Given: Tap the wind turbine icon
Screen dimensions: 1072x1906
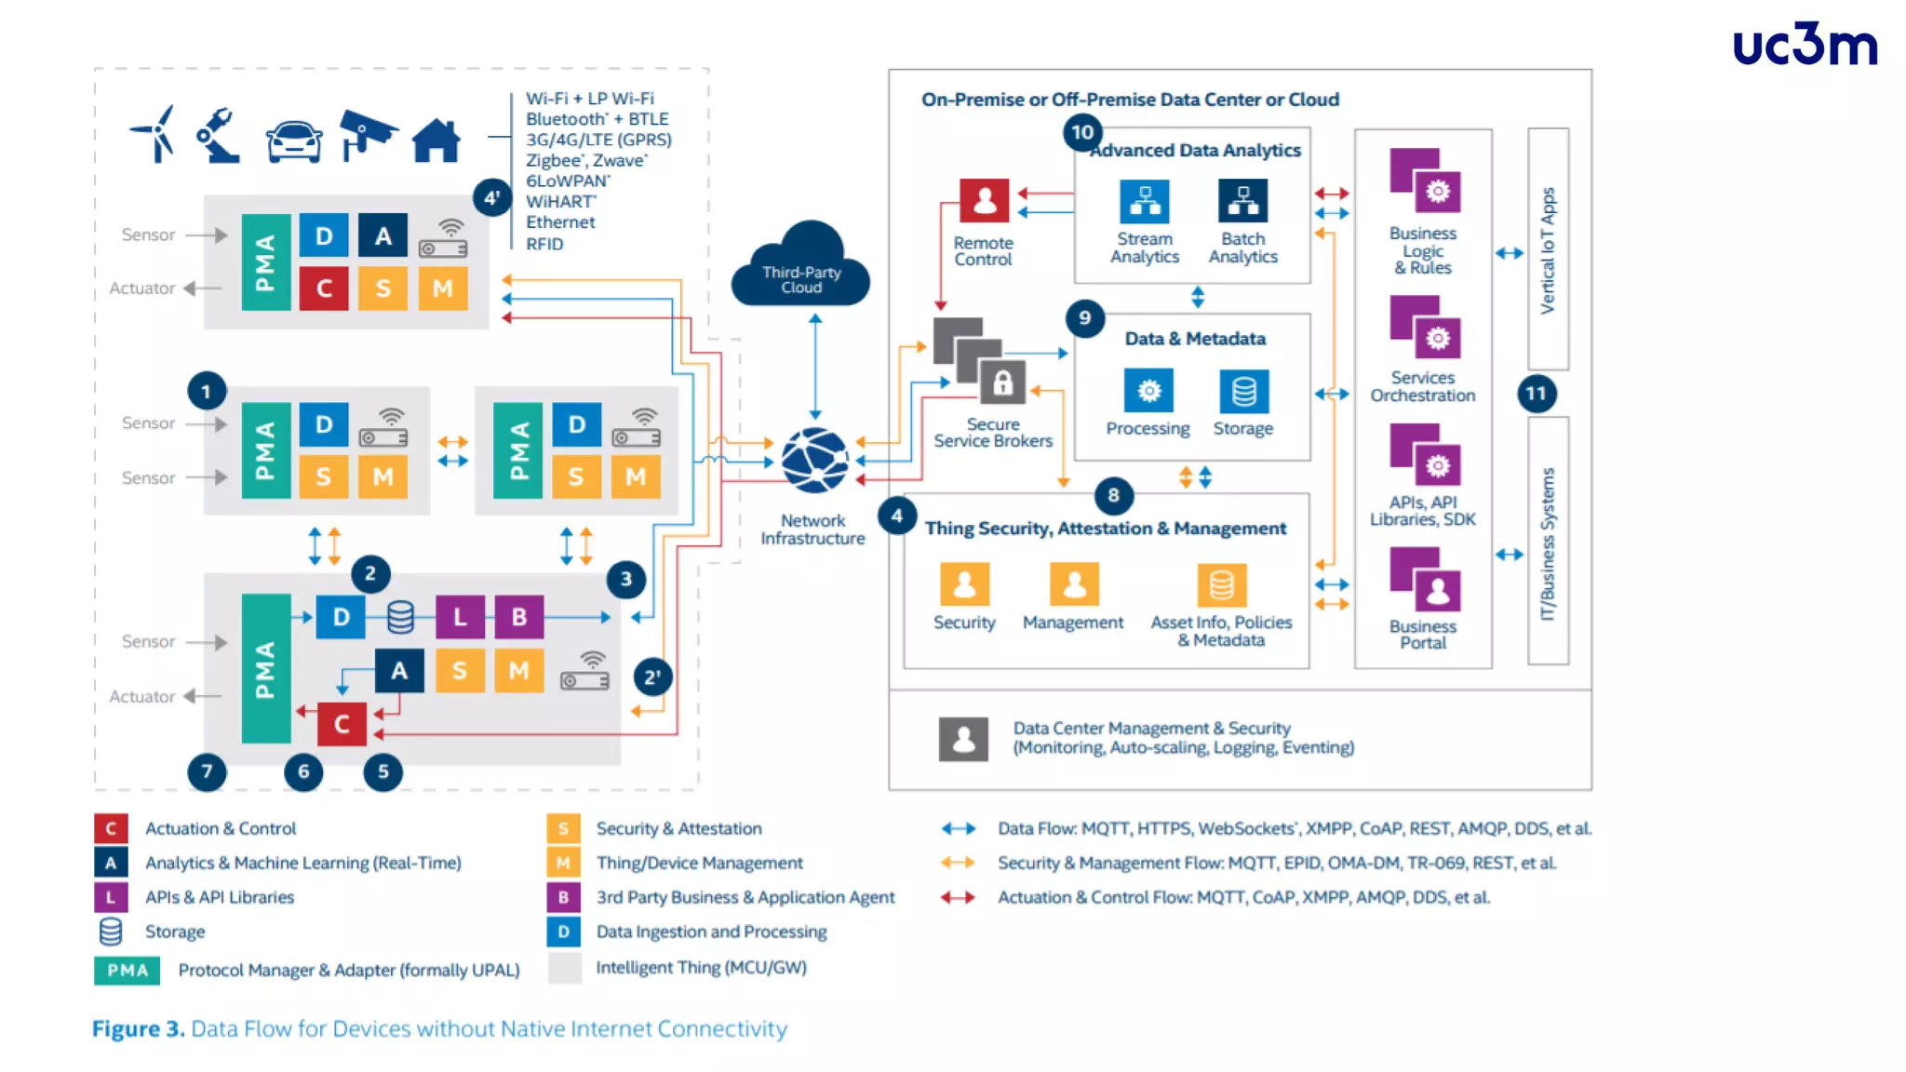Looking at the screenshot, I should click(x=154, y=135).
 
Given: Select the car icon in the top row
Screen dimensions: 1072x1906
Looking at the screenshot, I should click(x=294, y=141).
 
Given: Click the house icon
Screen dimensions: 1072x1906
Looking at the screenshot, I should click(x=436, y=141).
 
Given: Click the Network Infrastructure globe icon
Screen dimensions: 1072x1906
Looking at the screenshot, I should click(x=814, y=460).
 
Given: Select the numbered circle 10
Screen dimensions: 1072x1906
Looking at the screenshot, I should click(x=1082, y=132).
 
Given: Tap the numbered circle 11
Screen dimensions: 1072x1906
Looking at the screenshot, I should click(x=1536, y=394).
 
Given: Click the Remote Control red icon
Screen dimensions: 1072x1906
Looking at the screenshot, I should click(x=984, y=200).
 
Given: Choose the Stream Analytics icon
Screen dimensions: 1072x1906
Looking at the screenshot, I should click(x=1145, y=201).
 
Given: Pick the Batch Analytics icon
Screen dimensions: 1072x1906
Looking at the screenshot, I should click(x=1242, y=201).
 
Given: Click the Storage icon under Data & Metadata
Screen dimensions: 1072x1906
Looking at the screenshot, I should click(x=1243, y=392).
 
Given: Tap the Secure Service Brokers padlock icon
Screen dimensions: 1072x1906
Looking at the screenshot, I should click(x=1002, y=382).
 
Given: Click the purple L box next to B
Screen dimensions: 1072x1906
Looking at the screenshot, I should click(x=460, y=617).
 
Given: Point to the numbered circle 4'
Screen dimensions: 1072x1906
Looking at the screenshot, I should click(x=491, y=197).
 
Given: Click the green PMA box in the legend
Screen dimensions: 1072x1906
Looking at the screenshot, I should click(x=127, y=970).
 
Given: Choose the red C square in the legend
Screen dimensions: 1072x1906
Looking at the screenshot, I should click(x=110, y=828).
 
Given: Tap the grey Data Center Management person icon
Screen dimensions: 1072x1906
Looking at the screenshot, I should click(x=963, y=739).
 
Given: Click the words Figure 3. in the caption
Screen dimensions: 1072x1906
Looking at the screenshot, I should click(x=138, y=1028).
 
